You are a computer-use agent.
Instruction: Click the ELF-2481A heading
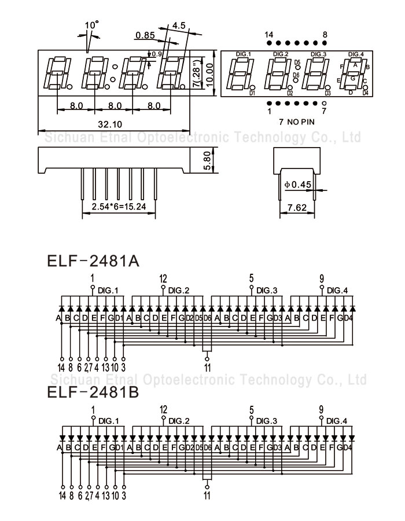(x=93, y=260)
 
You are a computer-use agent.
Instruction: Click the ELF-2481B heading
(x=93, y=393)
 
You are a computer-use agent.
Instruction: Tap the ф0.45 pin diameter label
(x=298, y=185)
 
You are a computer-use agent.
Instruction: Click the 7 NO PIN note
(x=297, y=122)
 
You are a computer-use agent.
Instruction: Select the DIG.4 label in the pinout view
(x=356, y=54)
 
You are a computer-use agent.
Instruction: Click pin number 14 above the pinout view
(x=269, y=35)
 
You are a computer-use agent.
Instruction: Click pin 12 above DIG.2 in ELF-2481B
(x=163, y=410)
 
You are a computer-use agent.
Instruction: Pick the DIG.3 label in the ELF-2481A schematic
(x=267, y=290)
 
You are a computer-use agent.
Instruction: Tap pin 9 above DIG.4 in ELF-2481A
(x=322, y=278)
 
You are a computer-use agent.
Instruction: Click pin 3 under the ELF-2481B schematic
(x=124, y=496)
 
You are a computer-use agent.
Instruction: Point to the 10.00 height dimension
(x=209, y=74)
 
